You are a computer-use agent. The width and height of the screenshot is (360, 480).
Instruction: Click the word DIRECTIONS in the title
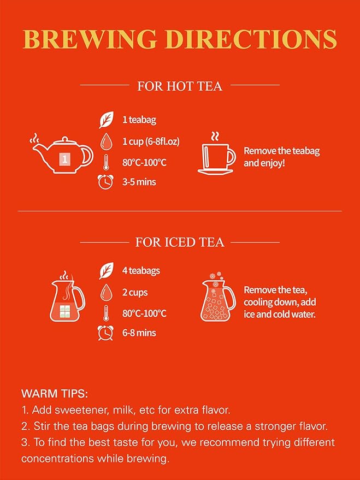tap(259, 39)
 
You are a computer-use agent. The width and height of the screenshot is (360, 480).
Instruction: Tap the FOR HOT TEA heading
tap(180, 86)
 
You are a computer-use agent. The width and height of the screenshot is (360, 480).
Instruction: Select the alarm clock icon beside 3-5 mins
tap(105, 182)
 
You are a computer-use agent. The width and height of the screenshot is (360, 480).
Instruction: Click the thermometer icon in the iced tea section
tap(105, 313)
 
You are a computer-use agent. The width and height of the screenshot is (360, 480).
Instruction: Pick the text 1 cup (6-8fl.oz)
tap(151, 141)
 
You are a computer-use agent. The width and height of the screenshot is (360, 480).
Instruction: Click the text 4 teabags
tap(141, 271)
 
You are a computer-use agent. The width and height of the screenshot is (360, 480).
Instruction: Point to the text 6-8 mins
tap(139, 333)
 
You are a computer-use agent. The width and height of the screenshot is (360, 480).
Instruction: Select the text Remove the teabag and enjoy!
tap(281, 156)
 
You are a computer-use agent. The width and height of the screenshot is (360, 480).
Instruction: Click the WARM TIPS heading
tap(55, 393)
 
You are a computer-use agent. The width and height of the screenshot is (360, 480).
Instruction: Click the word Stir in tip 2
tap(43, 425)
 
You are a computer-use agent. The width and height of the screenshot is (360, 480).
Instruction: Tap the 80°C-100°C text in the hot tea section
tap(144, 162)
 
